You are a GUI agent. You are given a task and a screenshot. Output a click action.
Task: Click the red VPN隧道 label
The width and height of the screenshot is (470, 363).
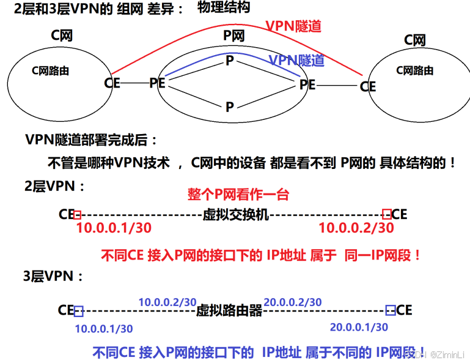293,26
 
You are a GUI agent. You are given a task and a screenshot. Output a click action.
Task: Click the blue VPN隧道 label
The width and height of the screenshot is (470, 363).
296,60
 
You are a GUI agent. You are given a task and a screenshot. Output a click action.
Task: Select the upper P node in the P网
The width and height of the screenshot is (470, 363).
230,61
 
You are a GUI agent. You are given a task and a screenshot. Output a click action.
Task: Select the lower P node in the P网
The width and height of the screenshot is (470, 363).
230,107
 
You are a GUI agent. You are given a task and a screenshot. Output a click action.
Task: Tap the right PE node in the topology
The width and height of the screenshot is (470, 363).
307,84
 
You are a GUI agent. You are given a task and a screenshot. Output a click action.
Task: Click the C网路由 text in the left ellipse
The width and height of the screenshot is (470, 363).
50,71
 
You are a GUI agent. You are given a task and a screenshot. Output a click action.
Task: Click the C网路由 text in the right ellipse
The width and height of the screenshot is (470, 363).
415,70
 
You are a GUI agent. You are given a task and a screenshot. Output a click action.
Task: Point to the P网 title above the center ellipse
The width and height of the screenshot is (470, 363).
233,36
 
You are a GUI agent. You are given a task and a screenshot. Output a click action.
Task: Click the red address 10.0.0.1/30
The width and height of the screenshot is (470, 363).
114,228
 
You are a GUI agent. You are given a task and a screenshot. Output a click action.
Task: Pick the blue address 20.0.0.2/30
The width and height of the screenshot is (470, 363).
293,302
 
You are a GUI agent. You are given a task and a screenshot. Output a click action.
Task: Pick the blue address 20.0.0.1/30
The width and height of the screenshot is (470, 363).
359,327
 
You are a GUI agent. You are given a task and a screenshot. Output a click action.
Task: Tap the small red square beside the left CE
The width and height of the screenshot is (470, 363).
77,214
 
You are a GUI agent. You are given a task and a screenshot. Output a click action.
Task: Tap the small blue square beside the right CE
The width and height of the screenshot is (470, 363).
391,310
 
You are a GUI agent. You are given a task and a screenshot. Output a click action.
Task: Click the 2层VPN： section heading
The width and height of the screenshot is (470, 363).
54,185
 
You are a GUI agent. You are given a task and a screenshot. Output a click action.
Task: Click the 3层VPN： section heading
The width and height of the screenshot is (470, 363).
54,276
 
